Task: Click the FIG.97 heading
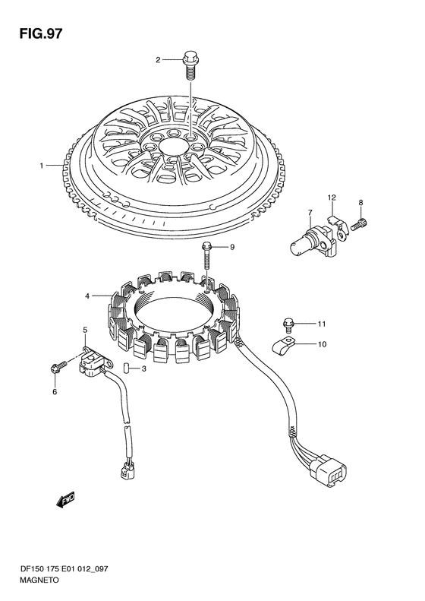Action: coord(40,33)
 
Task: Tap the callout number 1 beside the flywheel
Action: coord(41,166)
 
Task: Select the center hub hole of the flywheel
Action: coord(174,147)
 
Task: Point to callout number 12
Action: coord(332,198)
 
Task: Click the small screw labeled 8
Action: coord(359,225)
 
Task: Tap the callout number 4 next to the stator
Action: coord(87,296)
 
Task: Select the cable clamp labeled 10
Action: coord(283,345)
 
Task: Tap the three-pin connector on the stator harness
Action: coord(330,470)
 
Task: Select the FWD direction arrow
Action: coord(65,500)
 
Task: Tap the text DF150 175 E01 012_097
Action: coord(65,569)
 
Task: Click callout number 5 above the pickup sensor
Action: coord(85,330)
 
